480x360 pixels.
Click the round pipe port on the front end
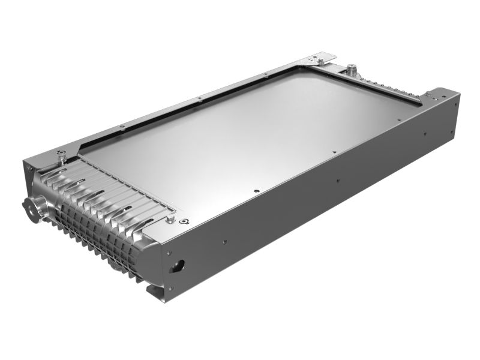[x=31, y=208]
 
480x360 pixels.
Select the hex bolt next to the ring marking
[x=171, y=220]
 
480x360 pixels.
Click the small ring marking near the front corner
[x=184, y=221]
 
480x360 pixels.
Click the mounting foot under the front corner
[x=154, y=293]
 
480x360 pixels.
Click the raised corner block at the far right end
[x=441, y=96]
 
